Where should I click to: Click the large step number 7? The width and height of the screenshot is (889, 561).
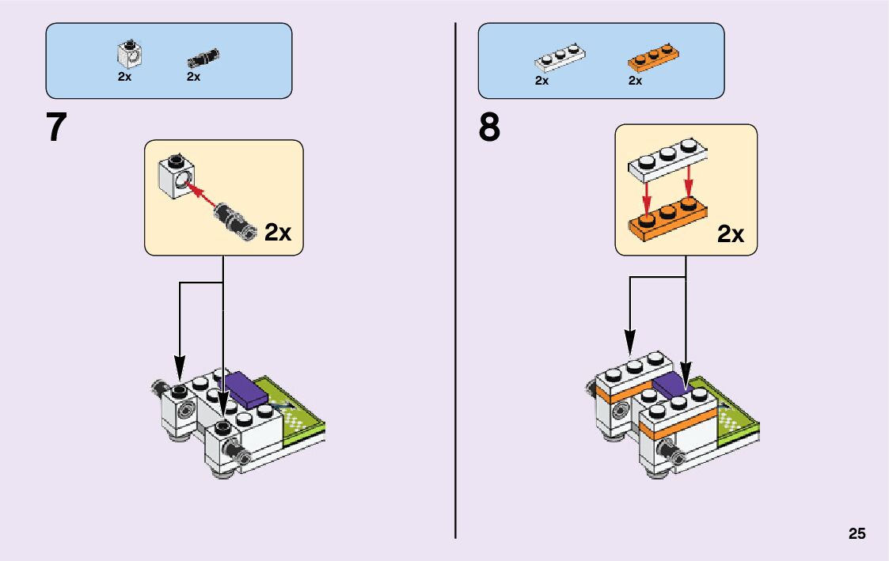[x=56, y=127]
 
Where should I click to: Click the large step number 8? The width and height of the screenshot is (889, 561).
[x=489, y=127]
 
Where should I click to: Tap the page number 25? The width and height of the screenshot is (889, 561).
[x=857, y=533]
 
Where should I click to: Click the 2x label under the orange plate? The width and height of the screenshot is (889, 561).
[x=635, y=81]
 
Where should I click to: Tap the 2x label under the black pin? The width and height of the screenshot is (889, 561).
[x=193, y=77]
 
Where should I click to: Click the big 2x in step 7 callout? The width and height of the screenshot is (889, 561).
[x=278, y=233]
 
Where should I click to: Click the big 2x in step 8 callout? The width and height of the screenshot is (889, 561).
[x=731, y=234]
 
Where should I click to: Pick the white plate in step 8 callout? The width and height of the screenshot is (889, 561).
[x=667, y=159]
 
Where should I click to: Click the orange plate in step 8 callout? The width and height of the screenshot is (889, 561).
[x=668, y=218]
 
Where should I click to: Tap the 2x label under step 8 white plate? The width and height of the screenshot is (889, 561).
[x=541, y=81]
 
